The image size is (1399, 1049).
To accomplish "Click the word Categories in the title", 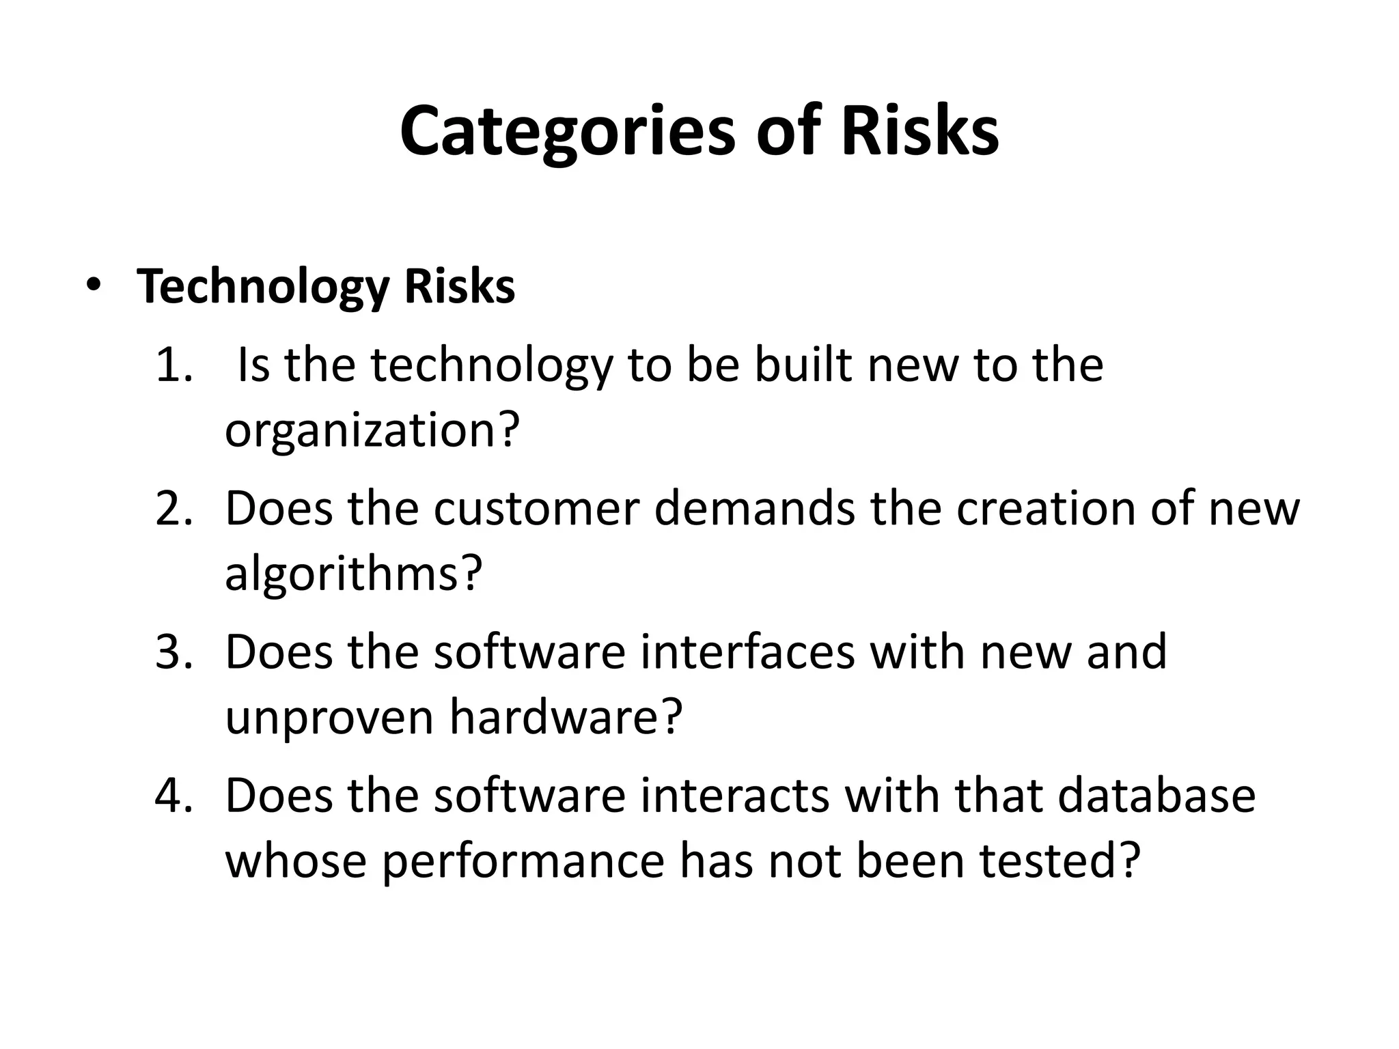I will pyautogui.click(x=568, y=131).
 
